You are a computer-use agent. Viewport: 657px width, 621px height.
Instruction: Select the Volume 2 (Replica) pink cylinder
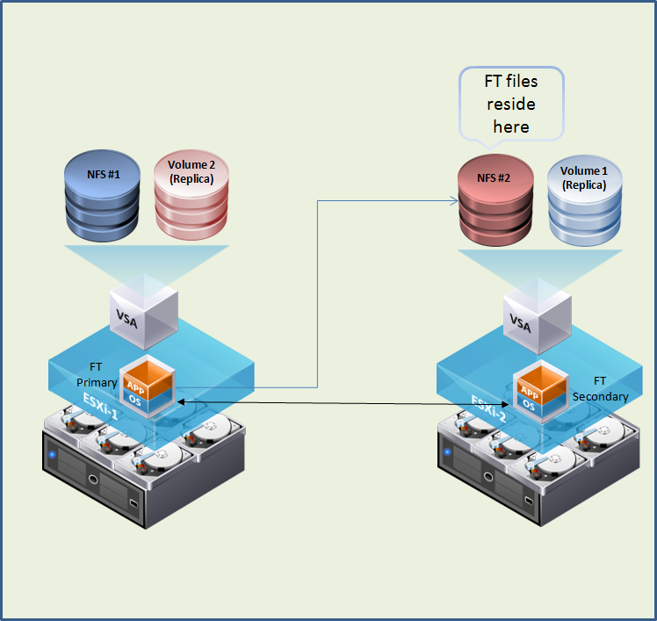tap(191, 195)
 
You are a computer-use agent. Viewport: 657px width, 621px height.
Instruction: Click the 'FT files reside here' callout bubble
tap(510, 103)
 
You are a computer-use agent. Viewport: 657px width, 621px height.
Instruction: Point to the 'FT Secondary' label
tap(600, 388)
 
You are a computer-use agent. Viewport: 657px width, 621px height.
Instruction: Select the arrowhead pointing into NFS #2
tap(455, 200)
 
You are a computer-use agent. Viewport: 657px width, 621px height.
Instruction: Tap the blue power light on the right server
tap(447, 453)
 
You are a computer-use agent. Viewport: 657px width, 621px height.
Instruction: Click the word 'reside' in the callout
tap(511, 104)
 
